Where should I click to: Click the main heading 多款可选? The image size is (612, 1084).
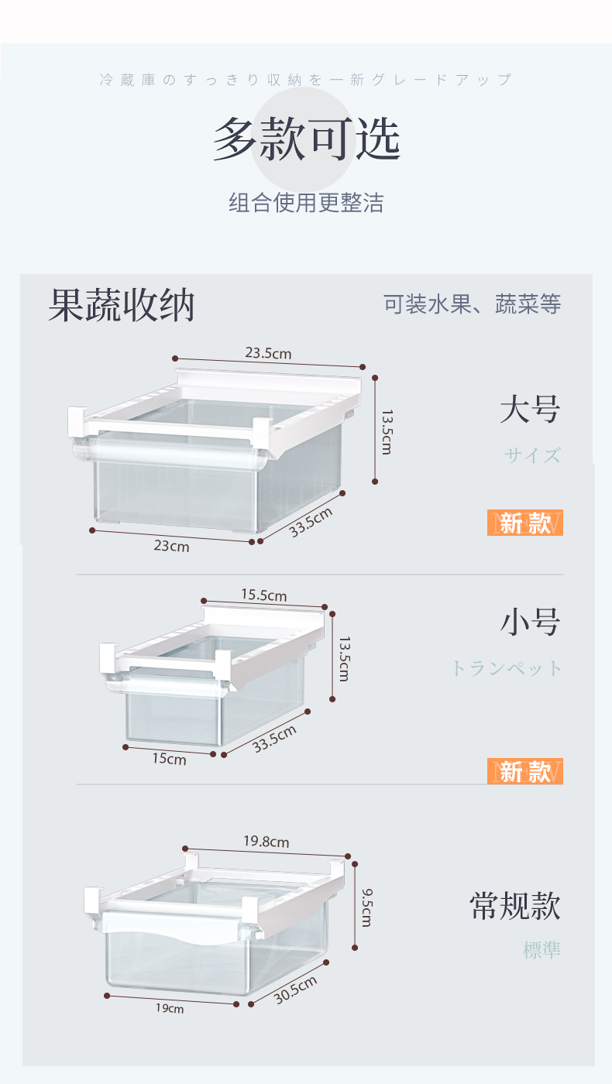[307, 139]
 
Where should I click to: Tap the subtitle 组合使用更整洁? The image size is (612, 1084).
[306, 203]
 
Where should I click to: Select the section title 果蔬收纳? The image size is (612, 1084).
[121, 305]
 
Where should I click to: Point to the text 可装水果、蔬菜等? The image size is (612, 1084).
[472, 304]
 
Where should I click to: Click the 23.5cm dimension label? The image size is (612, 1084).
[268, 353]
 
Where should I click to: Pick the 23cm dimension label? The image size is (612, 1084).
[171, 546]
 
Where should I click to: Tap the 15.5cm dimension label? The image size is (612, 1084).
[263, 595]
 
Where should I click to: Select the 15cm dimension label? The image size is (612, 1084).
[169, 759]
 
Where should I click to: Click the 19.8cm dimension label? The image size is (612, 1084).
[266, 841]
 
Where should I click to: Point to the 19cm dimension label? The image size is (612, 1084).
[170, 1009]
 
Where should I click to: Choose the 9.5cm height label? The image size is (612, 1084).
[366, 907]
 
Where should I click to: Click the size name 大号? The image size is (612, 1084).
[529, 409]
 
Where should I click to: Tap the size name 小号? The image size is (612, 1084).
[529, 622]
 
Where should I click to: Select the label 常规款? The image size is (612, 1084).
[514, 905]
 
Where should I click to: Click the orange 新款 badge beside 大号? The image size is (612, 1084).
[524, 523]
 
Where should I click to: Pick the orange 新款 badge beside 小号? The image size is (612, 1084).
[524, 771]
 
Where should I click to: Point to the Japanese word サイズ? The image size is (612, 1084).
[532, 455]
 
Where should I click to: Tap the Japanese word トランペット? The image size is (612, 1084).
[507, 668]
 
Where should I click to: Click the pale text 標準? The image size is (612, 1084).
[542, 950]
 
